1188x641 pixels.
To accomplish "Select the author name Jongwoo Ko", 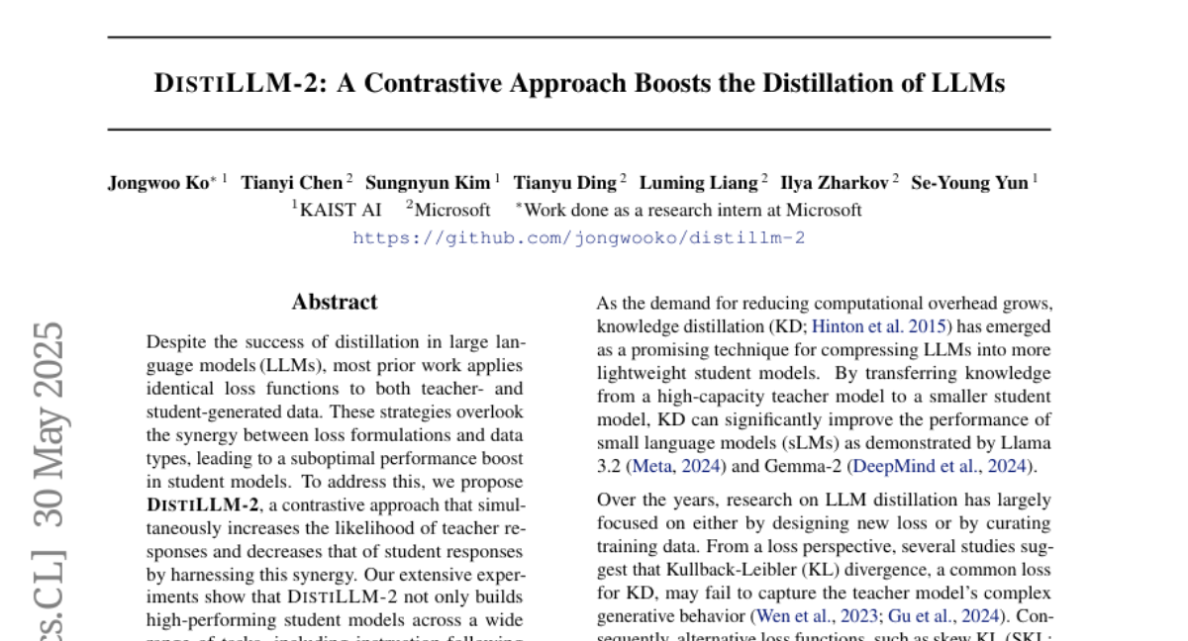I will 159,182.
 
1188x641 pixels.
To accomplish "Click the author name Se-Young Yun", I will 969,182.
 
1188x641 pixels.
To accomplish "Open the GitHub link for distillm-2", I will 579,237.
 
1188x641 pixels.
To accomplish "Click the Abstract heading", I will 335,303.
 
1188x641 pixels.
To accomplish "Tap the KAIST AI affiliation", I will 341,210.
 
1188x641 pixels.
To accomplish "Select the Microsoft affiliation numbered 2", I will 452,210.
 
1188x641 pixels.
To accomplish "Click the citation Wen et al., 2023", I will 816,616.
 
